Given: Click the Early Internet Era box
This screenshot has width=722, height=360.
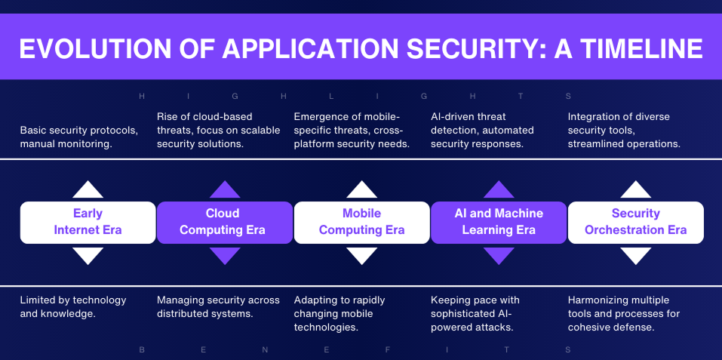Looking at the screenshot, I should pyautogui.click(x=88, y=222).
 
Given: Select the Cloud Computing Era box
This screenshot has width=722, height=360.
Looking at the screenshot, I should pyautogui.click(x=224, y=222).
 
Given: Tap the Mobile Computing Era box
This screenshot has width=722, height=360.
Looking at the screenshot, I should pyautogui.click(x=361, y=222).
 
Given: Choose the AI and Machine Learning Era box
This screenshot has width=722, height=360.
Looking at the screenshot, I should pyautogui.click(x=499, y=222).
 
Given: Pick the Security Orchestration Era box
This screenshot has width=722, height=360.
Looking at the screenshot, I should pyautogui.click(x=635, y=222).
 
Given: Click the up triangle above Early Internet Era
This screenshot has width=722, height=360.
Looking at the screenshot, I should pyautogui.click(x=88, y=189).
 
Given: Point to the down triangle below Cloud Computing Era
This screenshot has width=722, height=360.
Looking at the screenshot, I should pyautogui.click(x=225, y=255).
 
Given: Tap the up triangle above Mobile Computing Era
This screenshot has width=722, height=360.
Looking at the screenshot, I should pyautogui.click(x=362, y=189).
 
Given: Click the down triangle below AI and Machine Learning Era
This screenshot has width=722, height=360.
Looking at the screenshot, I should pyautogui.click(x=499, y=255).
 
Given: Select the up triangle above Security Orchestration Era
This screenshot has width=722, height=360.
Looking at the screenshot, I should pyautogui.click(x=636, y=189).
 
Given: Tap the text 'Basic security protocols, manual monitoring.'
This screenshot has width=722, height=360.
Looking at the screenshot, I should pyautogui.click(x=79, y=137).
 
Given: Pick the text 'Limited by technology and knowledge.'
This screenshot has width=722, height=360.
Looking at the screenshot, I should pyautogui.click(x=73, y=306).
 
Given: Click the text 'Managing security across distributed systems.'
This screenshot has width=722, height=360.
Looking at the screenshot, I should pyautogui.click(x=218, y=306).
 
